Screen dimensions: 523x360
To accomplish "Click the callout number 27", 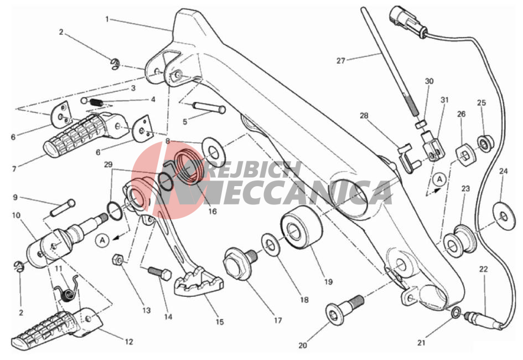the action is tap(340, 61).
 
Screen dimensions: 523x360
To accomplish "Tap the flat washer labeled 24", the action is tap(504, 216).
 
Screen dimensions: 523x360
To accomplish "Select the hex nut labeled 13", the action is tap(118, 260).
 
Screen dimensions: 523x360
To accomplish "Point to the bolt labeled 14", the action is tap(160, 272).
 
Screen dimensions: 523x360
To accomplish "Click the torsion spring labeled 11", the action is tap(68, 291).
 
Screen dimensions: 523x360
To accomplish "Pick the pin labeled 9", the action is tap(63, 208).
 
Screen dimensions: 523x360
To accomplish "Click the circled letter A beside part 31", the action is tap(439, 179).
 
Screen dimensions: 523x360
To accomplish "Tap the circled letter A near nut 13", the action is tap(102, 240).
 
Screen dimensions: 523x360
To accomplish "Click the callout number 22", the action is tap(483, 269).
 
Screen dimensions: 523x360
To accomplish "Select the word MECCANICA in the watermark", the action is tap(282, 193).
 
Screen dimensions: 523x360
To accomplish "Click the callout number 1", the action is tap(107, 19).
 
